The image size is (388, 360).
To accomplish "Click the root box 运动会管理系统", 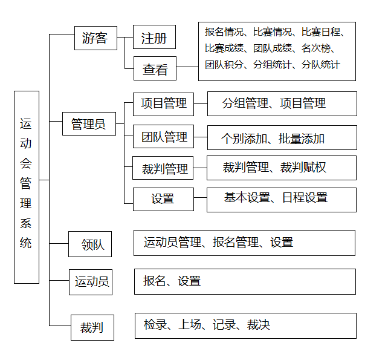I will point(26,187).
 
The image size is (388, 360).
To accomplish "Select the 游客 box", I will point(95,38).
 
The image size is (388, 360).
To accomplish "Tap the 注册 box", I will point(154,38).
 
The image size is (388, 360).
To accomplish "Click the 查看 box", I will point(155,68).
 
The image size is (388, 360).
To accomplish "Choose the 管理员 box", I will point(89,124).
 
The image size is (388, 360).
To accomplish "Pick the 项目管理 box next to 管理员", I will point(163,103).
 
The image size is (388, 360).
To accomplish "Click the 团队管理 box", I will point(164,137).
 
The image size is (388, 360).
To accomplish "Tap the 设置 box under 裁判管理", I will point(163,198).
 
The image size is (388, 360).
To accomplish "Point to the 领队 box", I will point(92,244).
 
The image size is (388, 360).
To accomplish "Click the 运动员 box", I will point(92,281).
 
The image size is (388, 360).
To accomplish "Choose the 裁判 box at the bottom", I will point(91,327).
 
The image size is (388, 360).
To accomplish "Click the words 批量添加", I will point(302,139).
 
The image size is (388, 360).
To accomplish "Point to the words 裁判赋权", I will point(303,168).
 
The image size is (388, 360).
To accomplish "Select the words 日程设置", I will point(305,197).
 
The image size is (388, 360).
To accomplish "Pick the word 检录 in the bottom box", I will point(155,325).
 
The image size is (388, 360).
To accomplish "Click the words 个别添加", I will point(244,139).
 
